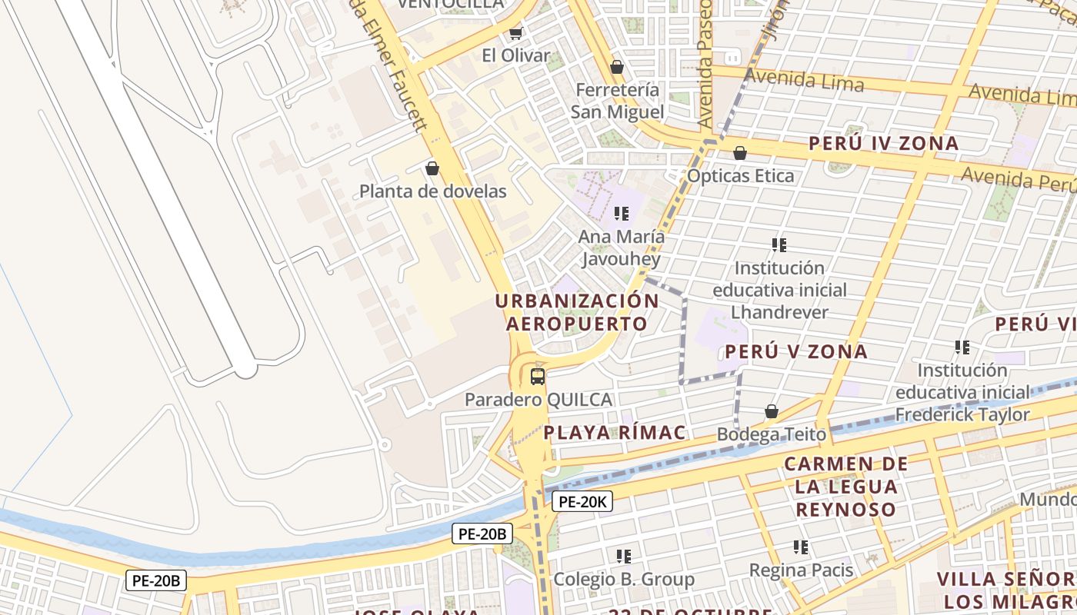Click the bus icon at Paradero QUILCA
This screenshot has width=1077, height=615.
[538, 377]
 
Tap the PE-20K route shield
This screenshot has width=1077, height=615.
[582, 502]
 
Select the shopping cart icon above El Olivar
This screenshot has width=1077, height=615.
[516, 33]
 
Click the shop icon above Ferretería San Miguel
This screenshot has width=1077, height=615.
[616, 68]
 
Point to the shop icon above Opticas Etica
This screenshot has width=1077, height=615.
[740, 154]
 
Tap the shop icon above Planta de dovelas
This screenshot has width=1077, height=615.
[432, 168]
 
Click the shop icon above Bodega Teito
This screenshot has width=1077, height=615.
[772, 412]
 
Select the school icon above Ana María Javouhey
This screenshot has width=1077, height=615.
[622, 214]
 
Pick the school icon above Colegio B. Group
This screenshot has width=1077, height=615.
[624, 556]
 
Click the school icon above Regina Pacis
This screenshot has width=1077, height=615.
[801, 547]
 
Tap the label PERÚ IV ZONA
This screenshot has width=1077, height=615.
[883, 144]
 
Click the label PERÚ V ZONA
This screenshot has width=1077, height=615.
[796, 352]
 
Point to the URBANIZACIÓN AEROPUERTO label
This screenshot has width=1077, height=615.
[577, 312]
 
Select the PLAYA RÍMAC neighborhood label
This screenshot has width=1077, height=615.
[614, 433]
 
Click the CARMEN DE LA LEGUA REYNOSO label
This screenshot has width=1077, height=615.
[846, 487]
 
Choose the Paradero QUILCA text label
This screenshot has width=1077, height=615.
[538, 400]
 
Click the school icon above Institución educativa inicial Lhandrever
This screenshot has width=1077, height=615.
[779, 245]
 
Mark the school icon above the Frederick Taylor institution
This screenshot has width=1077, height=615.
[962, 347]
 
